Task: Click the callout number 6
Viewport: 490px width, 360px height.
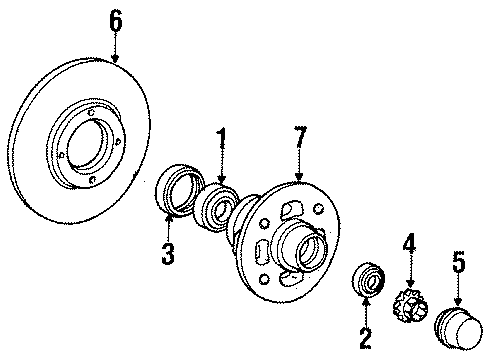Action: (x=115, y=19)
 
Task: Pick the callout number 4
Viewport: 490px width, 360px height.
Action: (x=408, y=244)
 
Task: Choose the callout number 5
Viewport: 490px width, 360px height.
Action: (x=458, y=263)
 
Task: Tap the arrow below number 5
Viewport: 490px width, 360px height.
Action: (x=458, y=292)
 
